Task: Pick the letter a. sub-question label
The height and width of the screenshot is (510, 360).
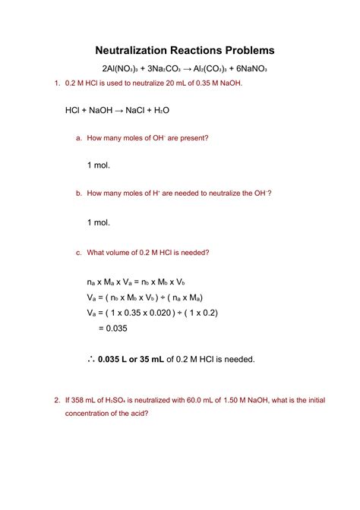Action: [78, 138]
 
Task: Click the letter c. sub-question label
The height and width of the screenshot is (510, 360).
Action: [78, 252]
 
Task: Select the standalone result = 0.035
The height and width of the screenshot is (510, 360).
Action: [112, 329]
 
